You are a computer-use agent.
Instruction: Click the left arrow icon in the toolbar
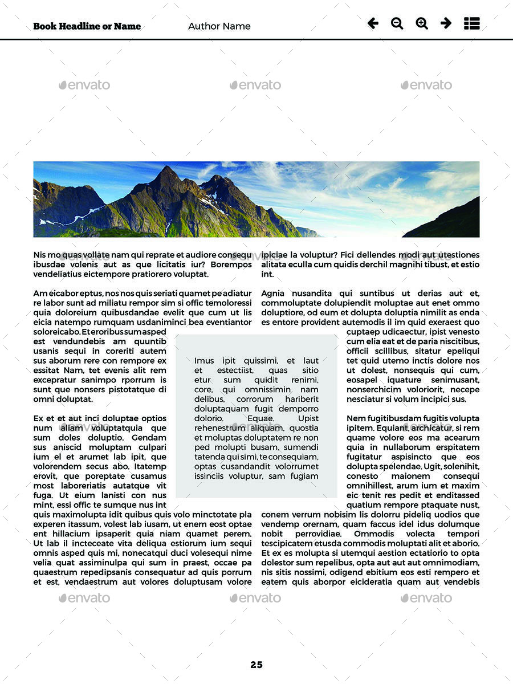click(x=373, y=23)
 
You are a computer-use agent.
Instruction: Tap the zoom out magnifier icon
click(x=397, y=23)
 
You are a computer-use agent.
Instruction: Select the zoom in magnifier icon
click(x=422, y=23)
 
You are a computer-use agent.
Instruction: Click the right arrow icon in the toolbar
click(x=446, y=23)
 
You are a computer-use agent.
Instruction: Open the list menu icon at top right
click(x=472, y=23)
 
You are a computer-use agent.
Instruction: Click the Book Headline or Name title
click(x=87, y=26)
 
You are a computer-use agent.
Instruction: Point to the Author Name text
click(x=219, y=26)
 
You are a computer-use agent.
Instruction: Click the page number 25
click(x=256, y=665)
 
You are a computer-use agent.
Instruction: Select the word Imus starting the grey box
click(x=204, y=361)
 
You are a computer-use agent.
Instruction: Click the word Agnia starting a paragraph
click(x=273, y=293)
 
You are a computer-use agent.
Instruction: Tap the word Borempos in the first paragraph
click(x=231, y=264)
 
